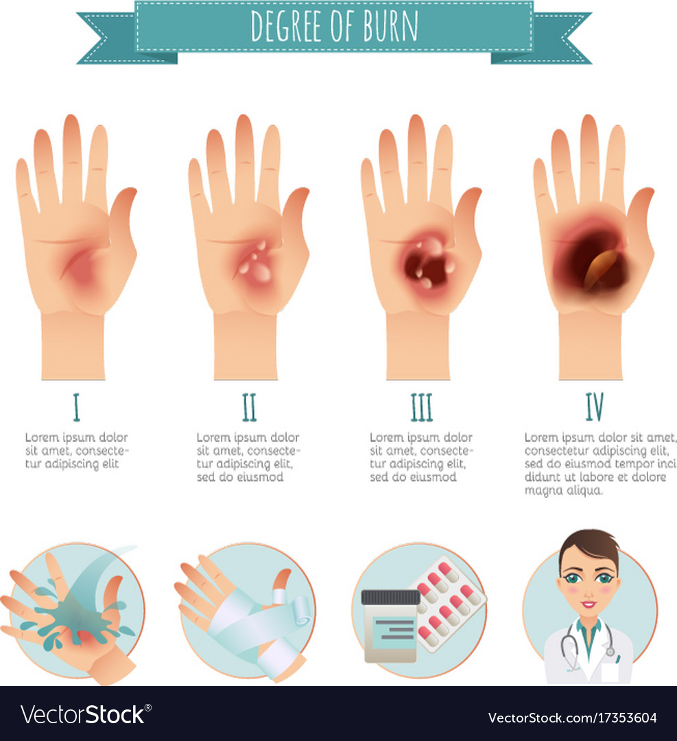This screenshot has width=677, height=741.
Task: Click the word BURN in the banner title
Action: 390,26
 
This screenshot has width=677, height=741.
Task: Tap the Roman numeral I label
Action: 76,408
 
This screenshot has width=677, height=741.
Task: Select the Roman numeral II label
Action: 249,408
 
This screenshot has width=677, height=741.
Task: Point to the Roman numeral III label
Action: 421,408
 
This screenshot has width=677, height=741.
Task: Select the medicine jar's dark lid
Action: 391,598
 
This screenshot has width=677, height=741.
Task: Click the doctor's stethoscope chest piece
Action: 610,652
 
